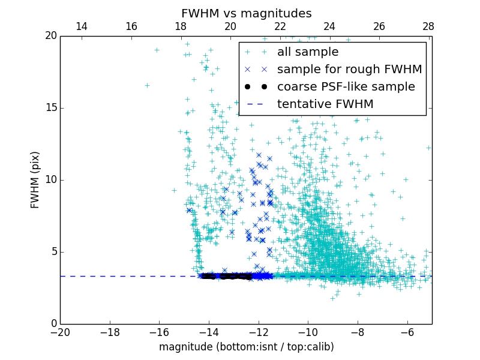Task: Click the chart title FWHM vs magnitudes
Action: [x=246, y=13]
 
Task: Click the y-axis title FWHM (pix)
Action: [x=35, y=179]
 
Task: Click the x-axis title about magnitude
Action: [x=246, y=347]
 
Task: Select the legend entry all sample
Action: [x=308, y=52]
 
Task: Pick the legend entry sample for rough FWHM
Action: [x=349, y=70]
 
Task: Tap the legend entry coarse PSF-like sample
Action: [x=346, y=87]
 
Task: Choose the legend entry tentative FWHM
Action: [x=325, y=104]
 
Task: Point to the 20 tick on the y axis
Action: [x=50, y=36]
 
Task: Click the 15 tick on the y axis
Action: [x=50, y=108]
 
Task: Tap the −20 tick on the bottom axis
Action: [x=60, y=332]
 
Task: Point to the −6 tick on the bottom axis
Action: [x=407, y=332]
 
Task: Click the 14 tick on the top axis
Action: [x=81, y=27]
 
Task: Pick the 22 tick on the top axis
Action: [x=280, y=27]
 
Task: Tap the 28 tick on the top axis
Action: [x=428, y=27]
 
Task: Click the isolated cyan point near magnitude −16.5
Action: [x=147, y=85]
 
